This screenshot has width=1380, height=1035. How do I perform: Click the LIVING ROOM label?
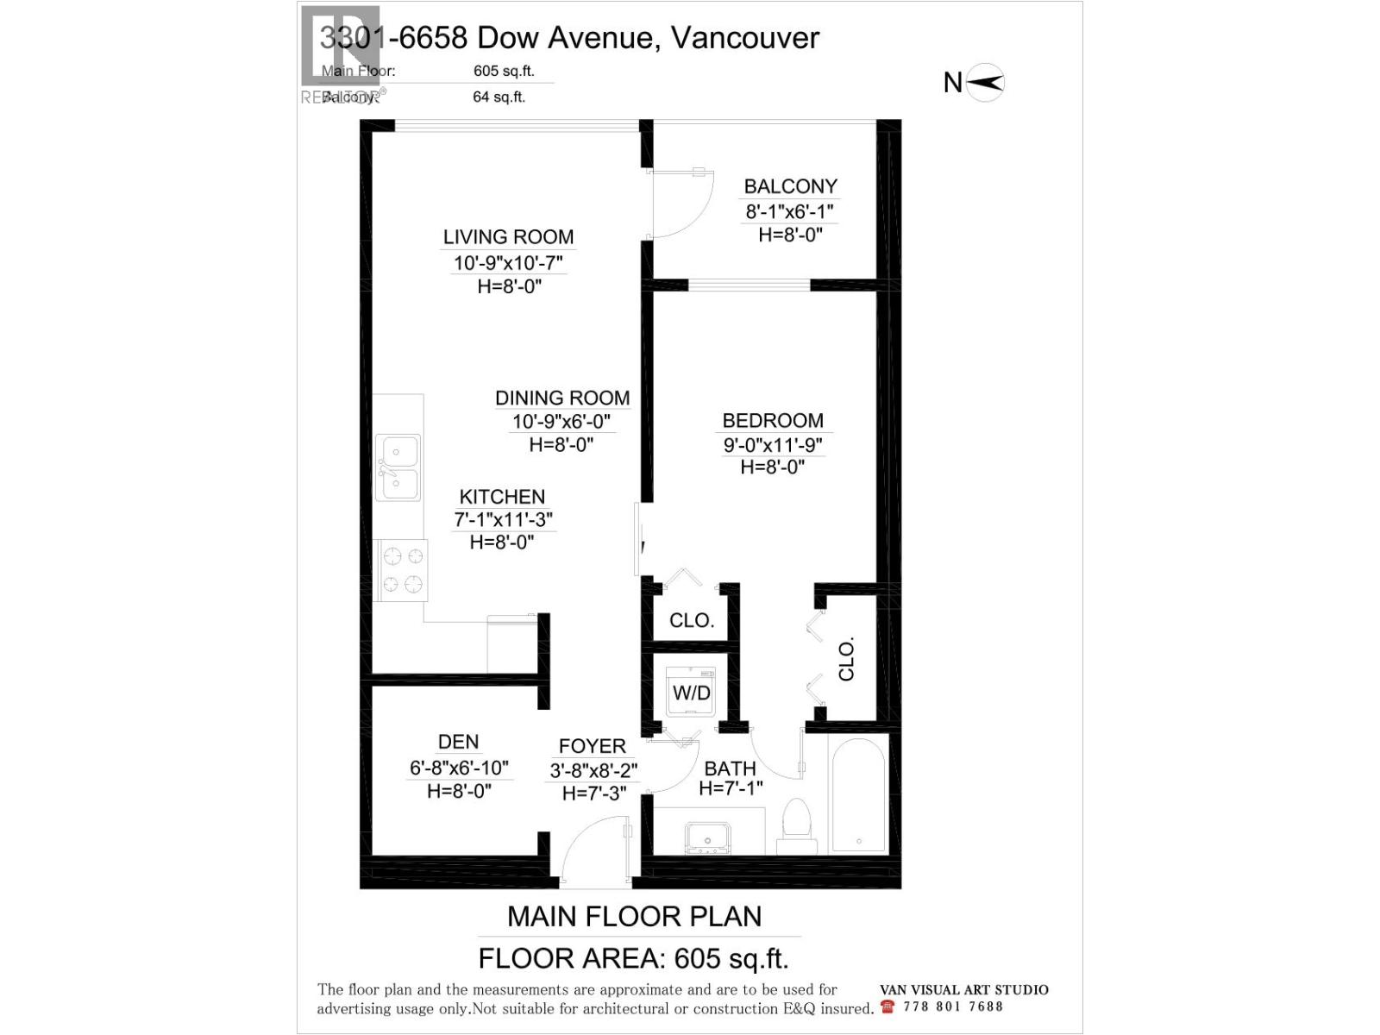tap(508, 237)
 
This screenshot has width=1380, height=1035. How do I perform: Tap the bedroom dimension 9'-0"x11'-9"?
tap(773, 445)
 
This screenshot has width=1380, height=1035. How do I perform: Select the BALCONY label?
tap(790, 186)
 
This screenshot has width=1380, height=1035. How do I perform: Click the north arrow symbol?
tap(985, 83)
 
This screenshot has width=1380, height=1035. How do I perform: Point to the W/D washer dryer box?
tap(691, 692)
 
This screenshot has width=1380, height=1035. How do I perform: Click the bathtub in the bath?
tap(857, 794)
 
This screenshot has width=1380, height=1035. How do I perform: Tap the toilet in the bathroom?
tap(794, 826)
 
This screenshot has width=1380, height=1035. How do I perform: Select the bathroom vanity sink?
tap(707, 837)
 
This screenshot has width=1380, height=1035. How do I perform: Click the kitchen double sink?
tap(398, 467)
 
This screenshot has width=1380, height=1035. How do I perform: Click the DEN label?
tap(458, 742)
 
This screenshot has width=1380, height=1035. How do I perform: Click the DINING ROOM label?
tap(561, 398)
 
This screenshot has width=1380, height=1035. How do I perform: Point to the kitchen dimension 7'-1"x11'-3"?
tap(503, 520)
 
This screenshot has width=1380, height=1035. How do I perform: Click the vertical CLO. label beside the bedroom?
tap(846, 660)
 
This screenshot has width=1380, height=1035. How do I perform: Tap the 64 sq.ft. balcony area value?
tap(499, 97)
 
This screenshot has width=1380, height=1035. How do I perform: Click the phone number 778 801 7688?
tap(953, 1007)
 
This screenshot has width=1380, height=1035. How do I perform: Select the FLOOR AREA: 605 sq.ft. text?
tap(633, 958)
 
